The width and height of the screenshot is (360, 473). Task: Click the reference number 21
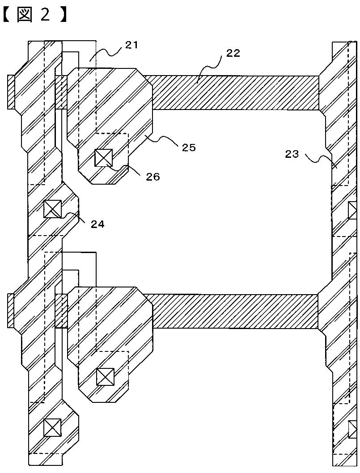coord(131,45)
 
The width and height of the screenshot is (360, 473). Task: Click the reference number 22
coord(233,53)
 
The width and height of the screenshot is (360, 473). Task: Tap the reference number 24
coord(97,224)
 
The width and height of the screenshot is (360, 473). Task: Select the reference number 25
coord(189,147)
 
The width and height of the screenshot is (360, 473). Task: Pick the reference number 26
coord(152,177)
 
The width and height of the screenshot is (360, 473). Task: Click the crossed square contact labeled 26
coord(103,158)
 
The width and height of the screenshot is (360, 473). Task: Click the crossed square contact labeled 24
coord(52,209)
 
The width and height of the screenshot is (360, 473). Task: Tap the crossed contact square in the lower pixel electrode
coord(105,377)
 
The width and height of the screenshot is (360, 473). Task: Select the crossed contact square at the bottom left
coord(52,427)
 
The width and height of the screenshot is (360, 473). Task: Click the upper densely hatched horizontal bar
coord(235,93)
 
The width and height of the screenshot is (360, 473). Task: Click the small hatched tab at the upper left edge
coord(11,92)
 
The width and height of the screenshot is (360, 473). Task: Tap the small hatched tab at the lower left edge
coord(11,311)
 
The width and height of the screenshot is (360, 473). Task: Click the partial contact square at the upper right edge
coord(353,210)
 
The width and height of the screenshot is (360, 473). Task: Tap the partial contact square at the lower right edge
coord(353,430)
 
